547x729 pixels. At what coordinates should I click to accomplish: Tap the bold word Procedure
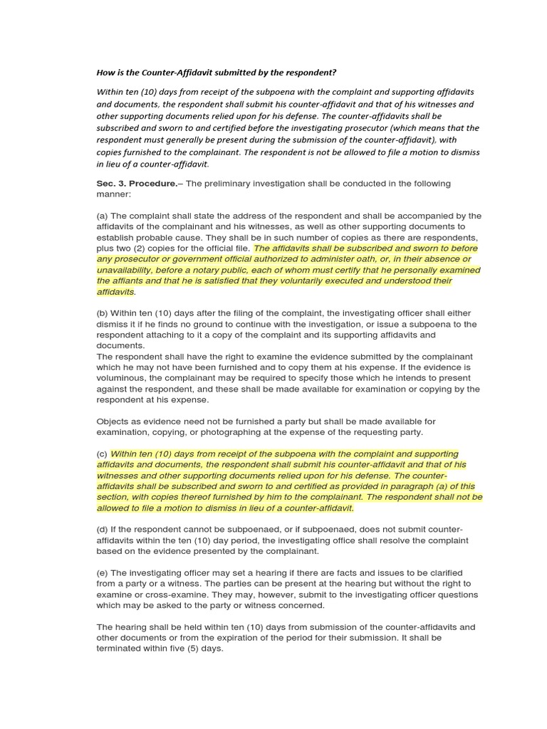[x=151, y=184]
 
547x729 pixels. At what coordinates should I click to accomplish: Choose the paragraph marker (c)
[x=103, y=453]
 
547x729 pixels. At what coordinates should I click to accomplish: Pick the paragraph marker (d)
[x=103, y=530]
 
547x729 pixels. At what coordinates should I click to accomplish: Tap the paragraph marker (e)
[x=103, y=573]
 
